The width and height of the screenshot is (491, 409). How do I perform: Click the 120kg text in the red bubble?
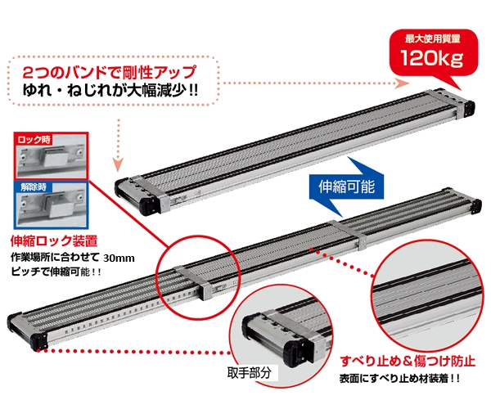(x=432, y=57)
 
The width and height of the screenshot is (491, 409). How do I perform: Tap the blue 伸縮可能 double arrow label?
(x=346, y=187)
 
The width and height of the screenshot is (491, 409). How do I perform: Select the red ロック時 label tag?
(x=34, y=139)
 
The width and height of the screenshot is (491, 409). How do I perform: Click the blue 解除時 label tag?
(x=34, y=187)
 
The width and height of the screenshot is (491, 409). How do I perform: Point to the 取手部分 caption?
(x=249, y=373)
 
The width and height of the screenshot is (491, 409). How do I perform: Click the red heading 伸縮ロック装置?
(x=54, y=241)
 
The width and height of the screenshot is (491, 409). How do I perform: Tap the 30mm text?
(x=119, y=258)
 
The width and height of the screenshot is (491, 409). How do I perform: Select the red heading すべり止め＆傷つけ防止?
(x=408, y=361)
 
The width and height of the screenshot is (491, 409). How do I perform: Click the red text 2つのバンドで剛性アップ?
(x=110, y=72)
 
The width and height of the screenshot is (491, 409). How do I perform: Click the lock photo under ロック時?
(x=51, y=156)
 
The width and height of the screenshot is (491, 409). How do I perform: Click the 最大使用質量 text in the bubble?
(x=432, y=38)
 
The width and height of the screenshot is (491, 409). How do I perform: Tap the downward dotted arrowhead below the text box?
(x=118, y=165)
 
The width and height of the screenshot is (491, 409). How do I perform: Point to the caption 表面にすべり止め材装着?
(x=399, y=379)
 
